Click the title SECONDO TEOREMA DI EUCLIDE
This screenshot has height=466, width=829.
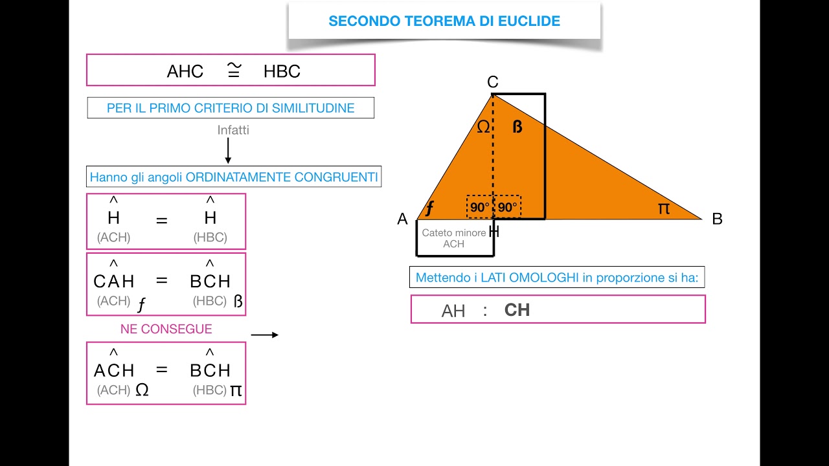444,21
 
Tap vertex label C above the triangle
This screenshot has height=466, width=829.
493,82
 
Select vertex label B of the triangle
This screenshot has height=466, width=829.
717,219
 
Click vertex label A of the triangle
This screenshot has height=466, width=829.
402,219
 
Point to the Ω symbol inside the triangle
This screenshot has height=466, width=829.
483,127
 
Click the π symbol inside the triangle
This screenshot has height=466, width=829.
663,208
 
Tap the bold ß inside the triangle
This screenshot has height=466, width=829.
517,127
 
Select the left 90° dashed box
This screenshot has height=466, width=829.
480,207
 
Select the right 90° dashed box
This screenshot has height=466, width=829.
507,207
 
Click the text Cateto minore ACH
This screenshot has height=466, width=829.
453,238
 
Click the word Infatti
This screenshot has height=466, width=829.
233,130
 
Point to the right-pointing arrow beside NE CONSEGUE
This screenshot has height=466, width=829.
264,335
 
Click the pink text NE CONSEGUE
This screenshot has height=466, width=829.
166,329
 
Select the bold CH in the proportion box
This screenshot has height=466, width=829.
517,310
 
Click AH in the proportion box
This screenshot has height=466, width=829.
453,311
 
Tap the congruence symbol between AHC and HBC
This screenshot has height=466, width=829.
234,70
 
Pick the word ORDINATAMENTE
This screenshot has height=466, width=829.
237,177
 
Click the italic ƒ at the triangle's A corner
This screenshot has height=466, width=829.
429,208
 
